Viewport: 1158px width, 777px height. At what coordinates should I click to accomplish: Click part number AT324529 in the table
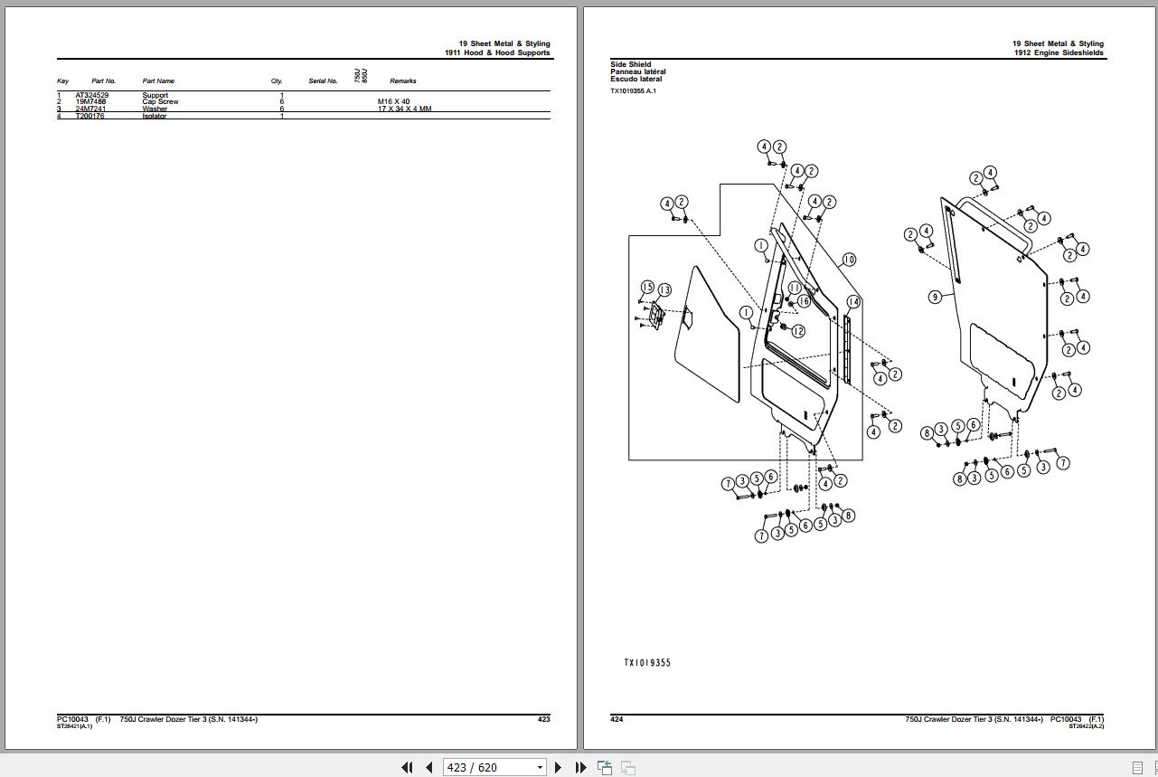[91, 95]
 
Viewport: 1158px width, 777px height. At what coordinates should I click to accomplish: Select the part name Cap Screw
[160, 102]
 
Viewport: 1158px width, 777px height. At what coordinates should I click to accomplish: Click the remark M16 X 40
[393, 102]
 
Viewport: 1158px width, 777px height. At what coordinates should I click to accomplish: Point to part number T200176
[89, 116]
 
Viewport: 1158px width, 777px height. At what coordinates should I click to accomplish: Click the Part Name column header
[158, 81]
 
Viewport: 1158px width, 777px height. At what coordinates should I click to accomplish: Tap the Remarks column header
[403, 81]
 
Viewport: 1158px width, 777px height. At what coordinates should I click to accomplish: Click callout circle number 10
[848, 260]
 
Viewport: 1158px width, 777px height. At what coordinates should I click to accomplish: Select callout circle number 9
[936, 297]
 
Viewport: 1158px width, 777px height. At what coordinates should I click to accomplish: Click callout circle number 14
[853, 301]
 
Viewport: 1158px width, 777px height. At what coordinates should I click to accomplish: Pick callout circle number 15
[647, 288]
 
